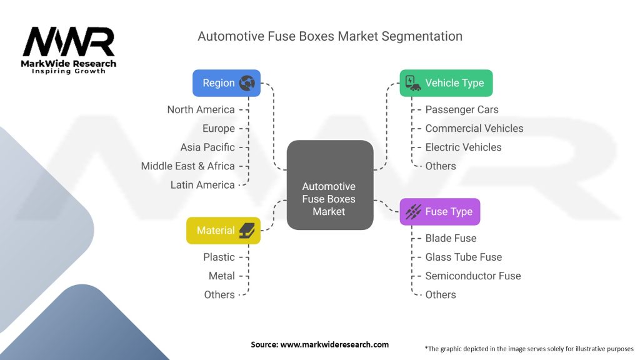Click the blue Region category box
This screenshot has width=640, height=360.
(226, 83)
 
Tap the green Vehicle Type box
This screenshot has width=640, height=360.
(446, 83)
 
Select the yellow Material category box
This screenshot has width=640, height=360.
(223, 231)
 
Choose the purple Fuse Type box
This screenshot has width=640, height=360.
(439, 212)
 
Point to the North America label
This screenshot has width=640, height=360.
(201, 109)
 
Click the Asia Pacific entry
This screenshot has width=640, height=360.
(207, 147)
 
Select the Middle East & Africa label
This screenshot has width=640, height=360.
(187, 166)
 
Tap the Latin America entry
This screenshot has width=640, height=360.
(202, 184)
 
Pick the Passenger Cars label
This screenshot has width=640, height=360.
(462, 109)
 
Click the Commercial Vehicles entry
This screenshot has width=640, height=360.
(474, 128)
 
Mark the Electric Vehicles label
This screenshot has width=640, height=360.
(463, 147)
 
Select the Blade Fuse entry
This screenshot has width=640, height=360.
(451, 238)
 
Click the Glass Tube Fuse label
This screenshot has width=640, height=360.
(463, 257)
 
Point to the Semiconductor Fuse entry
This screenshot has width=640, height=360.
(472, 276)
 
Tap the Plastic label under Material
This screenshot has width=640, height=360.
(219, 257)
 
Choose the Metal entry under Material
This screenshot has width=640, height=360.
(221, 276)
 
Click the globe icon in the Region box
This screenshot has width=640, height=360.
(247, 83)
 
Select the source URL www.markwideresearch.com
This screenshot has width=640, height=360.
(319, 344)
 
